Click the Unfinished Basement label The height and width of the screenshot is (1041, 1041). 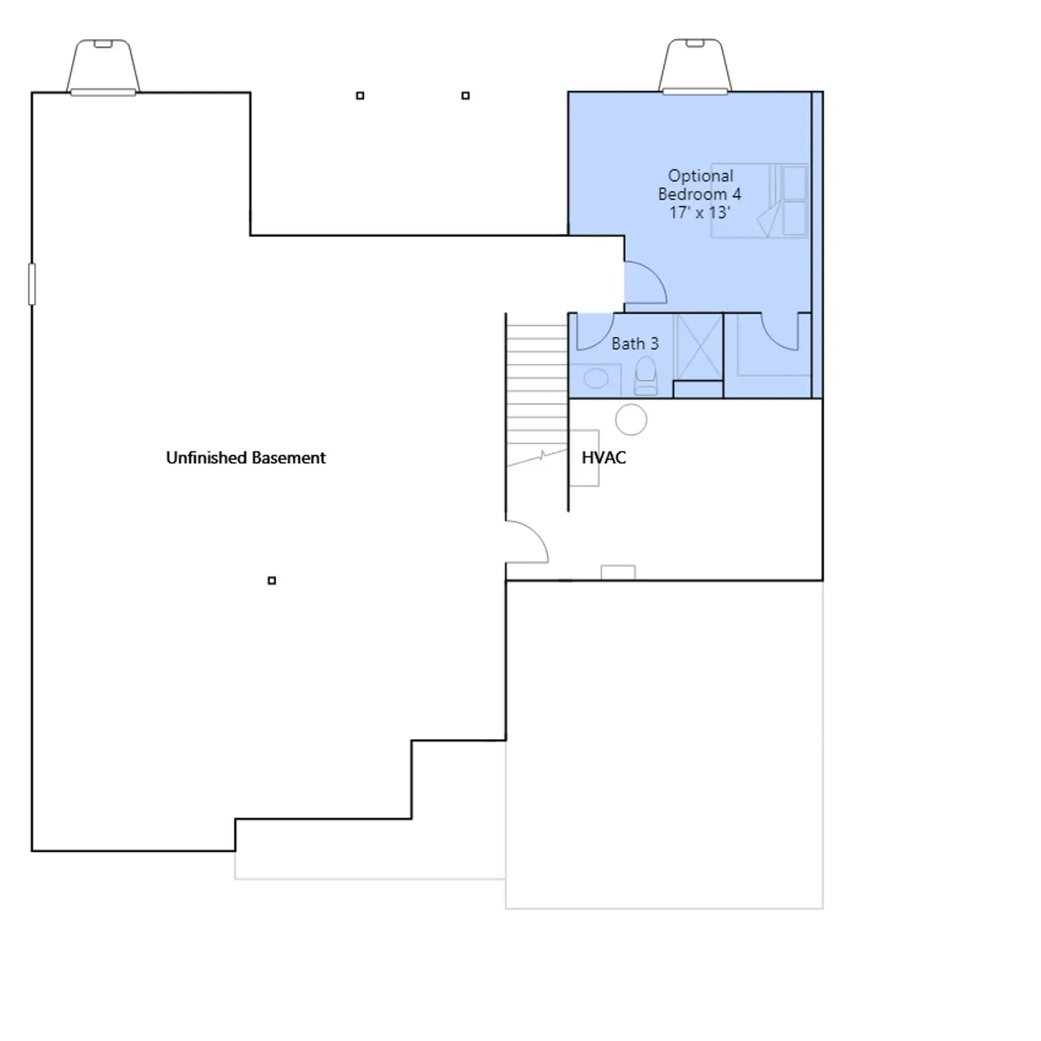pos(246,458)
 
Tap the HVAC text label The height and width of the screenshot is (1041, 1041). pos(604,458)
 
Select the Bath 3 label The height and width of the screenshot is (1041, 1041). pos(635,344)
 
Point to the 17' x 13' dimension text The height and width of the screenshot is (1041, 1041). pos(699,212)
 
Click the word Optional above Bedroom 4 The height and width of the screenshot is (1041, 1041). pos(701,176)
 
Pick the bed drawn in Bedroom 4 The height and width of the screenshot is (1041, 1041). pos(759,200)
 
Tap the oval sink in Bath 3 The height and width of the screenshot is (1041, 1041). pos(596,378)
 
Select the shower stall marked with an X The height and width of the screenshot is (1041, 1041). pos(699,347)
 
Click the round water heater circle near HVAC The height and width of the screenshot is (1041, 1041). pos(631,419)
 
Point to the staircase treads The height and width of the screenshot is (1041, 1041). pos(537,390)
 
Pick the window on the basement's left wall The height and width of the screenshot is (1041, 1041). pos(32,284)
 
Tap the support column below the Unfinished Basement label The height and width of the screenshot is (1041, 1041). pos(272,580)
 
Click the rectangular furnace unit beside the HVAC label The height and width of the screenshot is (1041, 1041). pos(584,458)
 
